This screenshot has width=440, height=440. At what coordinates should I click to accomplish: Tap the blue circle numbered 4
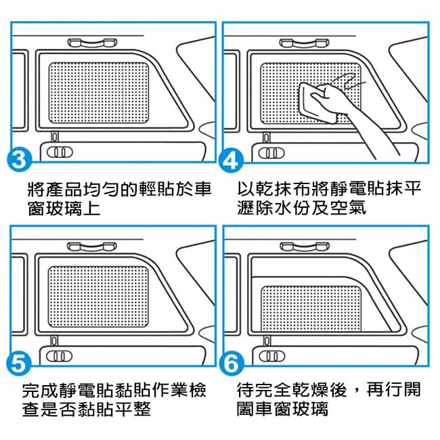(231, 160)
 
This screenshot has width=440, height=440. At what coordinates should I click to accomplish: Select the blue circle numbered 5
(19, 364)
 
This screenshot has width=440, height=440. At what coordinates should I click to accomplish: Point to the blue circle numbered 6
(232, 364)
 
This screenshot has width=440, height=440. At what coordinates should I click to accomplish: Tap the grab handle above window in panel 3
(92, 43)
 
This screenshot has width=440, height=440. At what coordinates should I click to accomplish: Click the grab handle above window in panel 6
(305, 246)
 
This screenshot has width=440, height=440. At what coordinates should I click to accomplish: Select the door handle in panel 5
(59, 356)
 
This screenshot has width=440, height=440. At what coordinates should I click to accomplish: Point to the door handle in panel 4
(271, 153)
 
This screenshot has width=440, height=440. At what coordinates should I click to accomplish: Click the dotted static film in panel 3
(99, 93)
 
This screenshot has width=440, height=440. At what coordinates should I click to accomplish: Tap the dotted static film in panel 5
(98, 296)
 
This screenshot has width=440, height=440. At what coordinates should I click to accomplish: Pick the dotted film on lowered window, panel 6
(311, 309)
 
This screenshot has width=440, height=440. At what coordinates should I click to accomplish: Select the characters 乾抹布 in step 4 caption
(283, 188)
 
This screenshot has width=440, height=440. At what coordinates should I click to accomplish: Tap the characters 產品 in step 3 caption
(64, 189)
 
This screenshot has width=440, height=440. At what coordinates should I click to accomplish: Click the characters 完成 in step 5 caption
(41, 390)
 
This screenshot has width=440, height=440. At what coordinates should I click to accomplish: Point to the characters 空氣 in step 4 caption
(348, 208)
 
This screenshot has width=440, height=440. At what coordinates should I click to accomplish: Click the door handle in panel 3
(60, 152)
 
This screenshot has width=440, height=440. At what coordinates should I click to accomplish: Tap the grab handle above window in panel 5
(92, 246)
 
